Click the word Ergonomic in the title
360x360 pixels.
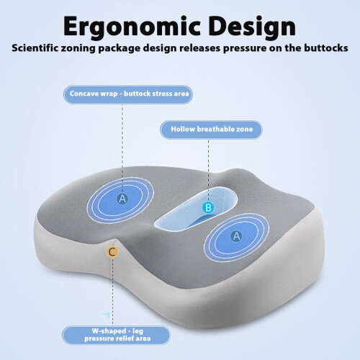click(x=132, y=27)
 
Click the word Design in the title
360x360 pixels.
click(x=252, y=27)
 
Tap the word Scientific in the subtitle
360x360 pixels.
click(x=35, y=48)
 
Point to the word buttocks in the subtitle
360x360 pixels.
click(x=326, y=48)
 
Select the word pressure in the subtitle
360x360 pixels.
click(x=245, y=48)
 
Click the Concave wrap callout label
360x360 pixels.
click(x=128, y=94)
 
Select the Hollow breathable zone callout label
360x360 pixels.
click(x=211, y=130)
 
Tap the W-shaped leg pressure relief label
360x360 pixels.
click(x=116, y=335)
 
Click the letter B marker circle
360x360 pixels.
click(x=208, y=207)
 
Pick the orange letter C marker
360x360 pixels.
click(x=112, y=252)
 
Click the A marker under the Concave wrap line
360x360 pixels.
click(x=122, y=199)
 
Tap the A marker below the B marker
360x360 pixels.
click(x=236, y=236)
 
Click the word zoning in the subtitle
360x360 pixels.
click(x=78, y=48)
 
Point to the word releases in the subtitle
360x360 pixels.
click(x=200, y=48)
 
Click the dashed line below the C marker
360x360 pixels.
click(x=112, y=292)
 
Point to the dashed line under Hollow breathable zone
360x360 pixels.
click(x=208, y=171)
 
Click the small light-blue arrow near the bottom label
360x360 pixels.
click(x=106, y=315)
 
